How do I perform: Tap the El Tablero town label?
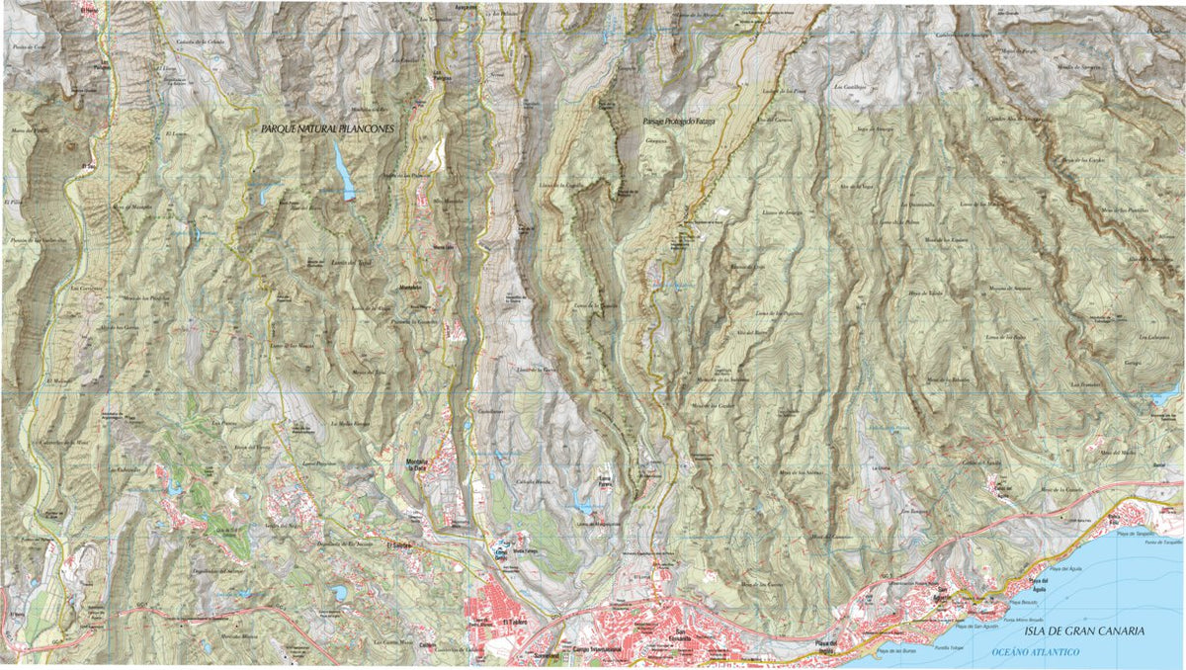click(x=515, y=622)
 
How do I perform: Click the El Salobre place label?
click(x=399, y=544)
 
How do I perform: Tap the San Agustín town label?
click(x=943, y=596)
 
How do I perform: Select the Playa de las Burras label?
click(x=893, y=652)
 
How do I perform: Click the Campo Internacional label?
click(x=597, y=649)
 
